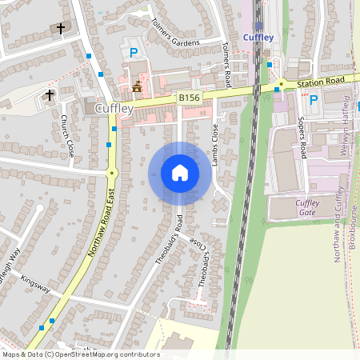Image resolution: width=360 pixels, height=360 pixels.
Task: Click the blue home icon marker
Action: [x=180, y=173]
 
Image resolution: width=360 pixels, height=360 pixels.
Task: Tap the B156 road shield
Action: [x=189, y=98]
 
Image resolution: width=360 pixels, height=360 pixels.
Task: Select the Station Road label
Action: [x=320, y=81]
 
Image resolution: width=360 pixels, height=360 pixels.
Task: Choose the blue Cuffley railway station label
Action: [x=259, y=37]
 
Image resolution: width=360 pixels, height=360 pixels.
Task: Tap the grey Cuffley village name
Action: [x=113, y=108]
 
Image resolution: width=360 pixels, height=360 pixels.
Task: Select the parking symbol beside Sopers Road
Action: [x=314, y=100]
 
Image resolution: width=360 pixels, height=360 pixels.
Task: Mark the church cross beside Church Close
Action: [x=50, y=95]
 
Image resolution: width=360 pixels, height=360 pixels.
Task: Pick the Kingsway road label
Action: [x=35, y=283]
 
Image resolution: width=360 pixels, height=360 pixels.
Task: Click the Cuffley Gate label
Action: [x=307, y=207]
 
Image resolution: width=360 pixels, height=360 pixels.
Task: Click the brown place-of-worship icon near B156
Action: [x=138, y=86]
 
